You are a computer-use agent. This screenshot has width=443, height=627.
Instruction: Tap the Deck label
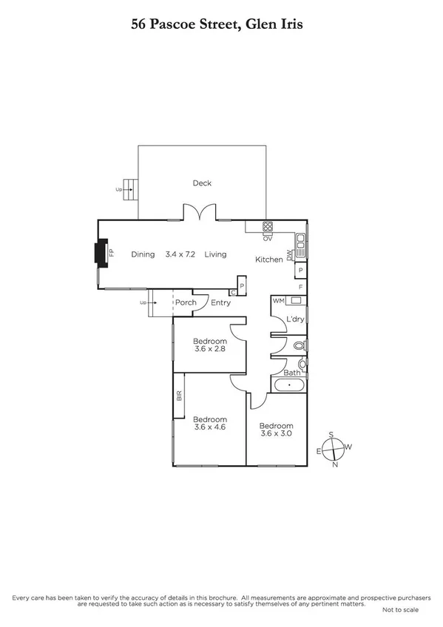pyautogui.click(x=202, y=183)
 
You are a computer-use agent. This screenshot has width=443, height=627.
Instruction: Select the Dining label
pyautogui.click(x=143, y=254)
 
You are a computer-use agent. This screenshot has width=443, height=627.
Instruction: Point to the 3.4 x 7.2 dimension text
pyautogui.click(x=180, y=254)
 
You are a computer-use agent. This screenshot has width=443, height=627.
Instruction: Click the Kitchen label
pyautogui.click(x=268, y=260)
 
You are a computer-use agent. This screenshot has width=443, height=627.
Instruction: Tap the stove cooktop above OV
pyautogui.click(x=268, y=227)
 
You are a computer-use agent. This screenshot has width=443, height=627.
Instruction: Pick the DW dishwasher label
pyautogui.click(x=300, y=254)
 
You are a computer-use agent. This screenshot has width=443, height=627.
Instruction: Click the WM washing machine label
pyautogui.click(x=278, y=301)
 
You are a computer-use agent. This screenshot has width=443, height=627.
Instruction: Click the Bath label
pyautogui.click(x=291, y=373)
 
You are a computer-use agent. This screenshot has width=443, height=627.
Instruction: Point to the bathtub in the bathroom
pyautogui.click(x=288, y=386)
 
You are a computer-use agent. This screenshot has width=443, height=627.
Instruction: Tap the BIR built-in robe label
pyautogui.click(x=179, y=396)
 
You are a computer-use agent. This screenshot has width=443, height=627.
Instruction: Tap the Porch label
pyautogui.click(x=184, y=302)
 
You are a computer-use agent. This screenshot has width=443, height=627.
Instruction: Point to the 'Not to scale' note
pyautogui.click(x=401, y=610)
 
